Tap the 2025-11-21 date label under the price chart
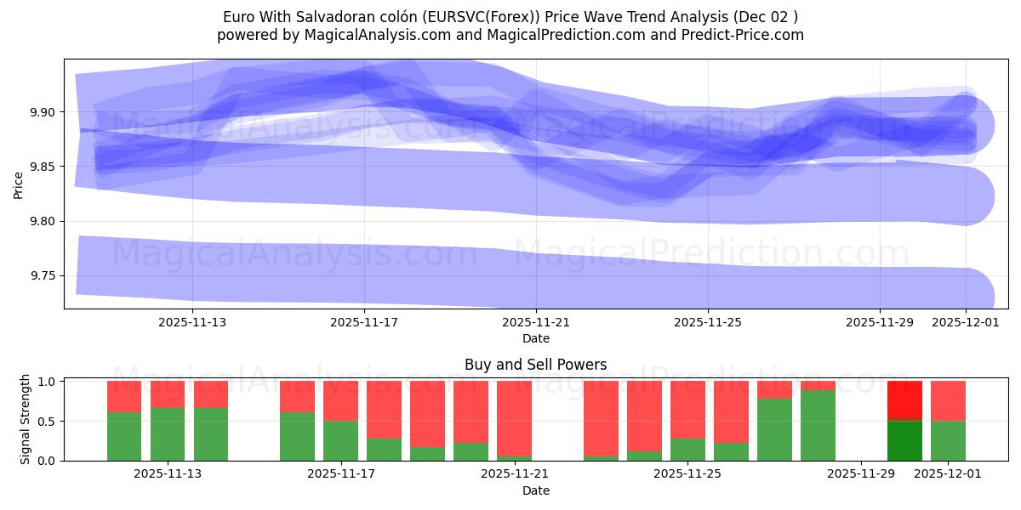tap(536, 323)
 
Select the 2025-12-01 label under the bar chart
tap(948, 474)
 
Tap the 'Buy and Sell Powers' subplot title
tap(535, 365)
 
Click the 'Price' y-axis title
tap(19, 184)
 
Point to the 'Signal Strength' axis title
tap(26, 419)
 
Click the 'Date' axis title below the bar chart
tap(535, 490)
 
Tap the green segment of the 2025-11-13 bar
tap(168, 434)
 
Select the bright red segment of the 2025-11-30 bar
tap(904, 399)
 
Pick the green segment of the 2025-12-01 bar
tap(948, 441)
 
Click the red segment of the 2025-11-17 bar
tap(340, 400)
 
